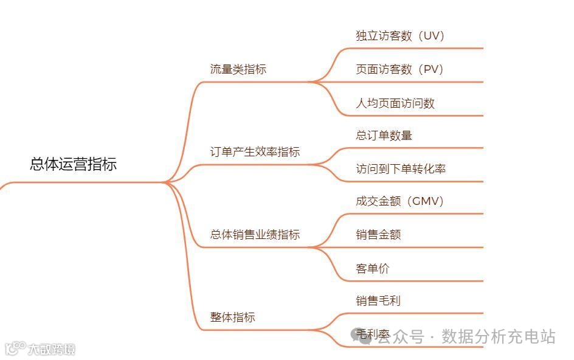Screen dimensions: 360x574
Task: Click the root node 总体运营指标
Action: click(x=73, y=164)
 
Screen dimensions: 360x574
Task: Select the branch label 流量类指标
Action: click(x=238, y=69)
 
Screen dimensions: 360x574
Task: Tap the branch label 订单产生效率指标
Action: click(x=255, y=152)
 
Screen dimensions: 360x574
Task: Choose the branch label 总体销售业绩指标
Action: click(x=255, y=235)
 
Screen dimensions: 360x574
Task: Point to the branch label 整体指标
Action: click(x=232, y=317)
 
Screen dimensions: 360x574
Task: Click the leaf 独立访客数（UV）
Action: click(x=401, y=36)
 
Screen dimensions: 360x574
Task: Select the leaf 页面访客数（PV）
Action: click(x=400, y=70)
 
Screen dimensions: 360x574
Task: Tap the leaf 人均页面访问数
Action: click(x=395, y=103)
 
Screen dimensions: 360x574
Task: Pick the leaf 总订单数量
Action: click(x=384, y=136)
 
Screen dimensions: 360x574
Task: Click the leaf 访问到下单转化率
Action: click(x=401, y=169)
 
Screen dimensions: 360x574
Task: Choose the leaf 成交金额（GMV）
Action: click(x=400, y=201)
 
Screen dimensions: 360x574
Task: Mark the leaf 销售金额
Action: click(x=378, y=235)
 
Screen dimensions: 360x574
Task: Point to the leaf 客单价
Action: click(x=373, y=268)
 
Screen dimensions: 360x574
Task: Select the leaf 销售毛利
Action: click(x=378, y=300)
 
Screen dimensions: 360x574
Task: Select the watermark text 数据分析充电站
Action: click(x=499, y=336)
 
